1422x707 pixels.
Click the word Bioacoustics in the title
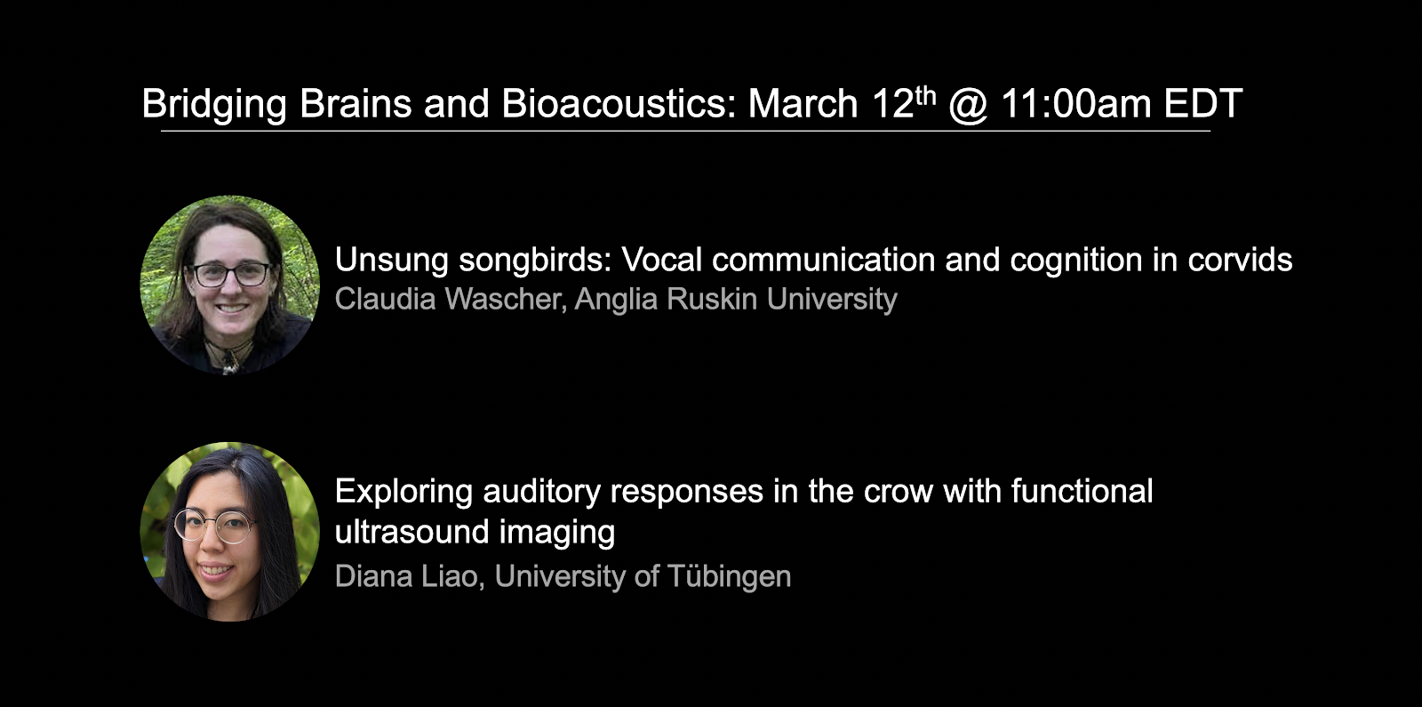(x=619, y=103)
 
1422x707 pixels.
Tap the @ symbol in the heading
(x=968, y=104)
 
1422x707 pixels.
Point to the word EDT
(x=1203, y=103)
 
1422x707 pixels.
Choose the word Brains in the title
(x=355, y=103)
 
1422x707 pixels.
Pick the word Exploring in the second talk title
(x=403, y=492)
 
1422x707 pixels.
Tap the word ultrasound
(x=411, y=532)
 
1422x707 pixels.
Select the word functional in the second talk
(x=1082, y=491)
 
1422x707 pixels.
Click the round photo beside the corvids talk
(x=230, y=285)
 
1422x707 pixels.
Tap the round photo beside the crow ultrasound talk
(x=230, y=532)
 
